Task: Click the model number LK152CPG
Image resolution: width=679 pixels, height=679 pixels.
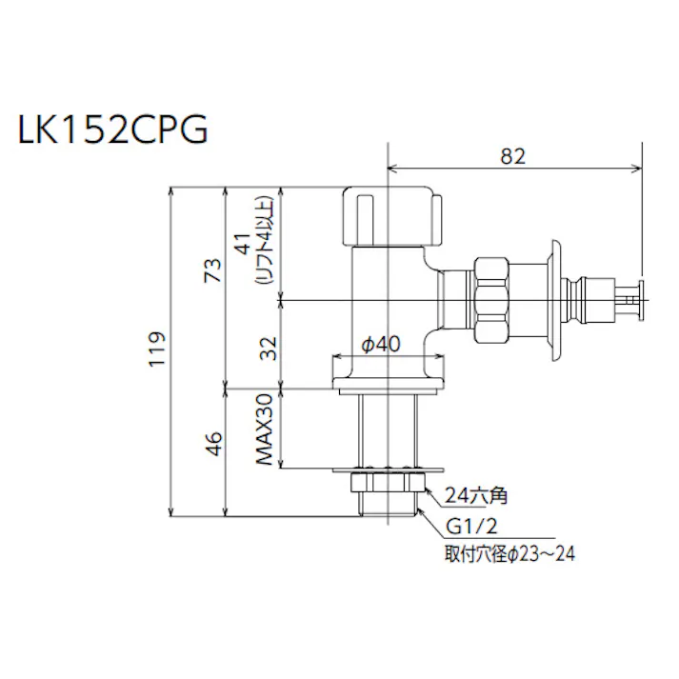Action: (x=112, y=130)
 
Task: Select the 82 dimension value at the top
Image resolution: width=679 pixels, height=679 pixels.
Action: (x=512, y=156)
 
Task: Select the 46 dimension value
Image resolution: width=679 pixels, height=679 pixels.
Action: (x=213, y=444)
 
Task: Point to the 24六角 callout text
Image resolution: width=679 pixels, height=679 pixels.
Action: (x=477, y=495)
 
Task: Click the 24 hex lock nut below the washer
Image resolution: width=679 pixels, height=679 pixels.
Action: (x=389, y=484)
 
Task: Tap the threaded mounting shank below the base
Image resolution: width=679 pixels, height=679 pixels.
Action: (x=389, y=429)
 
